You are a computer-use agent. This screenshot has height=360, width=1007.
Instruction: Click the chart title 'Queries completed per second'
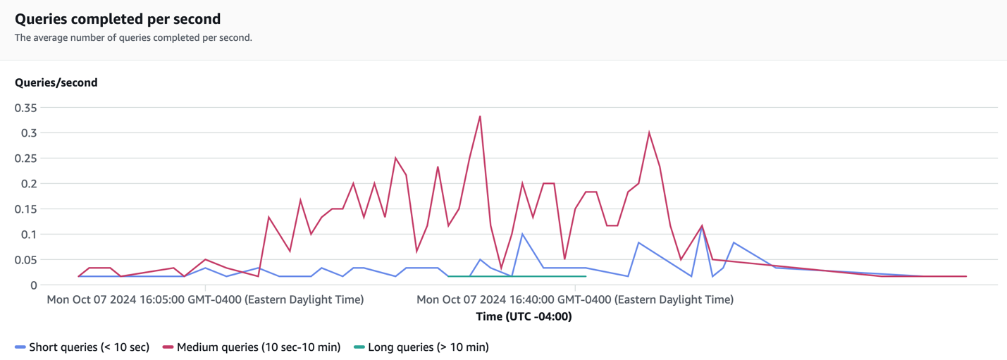[118, 19]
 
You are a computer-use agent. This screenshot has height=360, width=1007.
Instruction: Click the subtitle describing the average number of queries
[133, 38]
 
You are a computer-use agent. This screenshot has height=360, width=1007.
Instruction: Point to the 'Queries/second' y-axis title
[56, 82]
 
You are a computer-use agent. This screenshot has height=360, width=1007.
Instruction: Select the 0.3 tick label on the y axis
[29, 133]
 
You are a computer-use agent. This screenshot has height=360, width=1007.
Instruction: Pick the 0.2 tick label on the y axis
[29, 184]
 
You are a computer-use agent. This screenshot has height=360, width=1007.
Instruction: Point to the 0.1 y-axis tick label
[29, 235]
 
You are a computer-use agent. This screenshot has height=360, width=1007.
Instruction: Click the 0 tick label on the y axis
[33, 285]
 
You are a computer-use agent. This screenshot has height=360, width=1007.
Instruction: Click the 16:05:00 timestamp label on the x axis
[205, 299]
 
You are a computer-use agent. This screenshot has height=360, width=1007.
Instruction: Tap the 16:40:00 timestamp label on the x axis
[575, 299]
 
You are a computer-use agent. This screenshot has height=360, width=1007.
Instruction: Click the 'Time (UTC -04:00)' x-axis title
[524, 316]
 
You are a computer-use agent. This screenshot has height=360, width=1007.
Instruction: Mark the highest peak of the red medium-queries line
[480, 116]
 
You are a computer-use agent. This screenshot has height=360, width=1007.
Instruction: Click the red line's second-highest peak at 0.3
[649, 132]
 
